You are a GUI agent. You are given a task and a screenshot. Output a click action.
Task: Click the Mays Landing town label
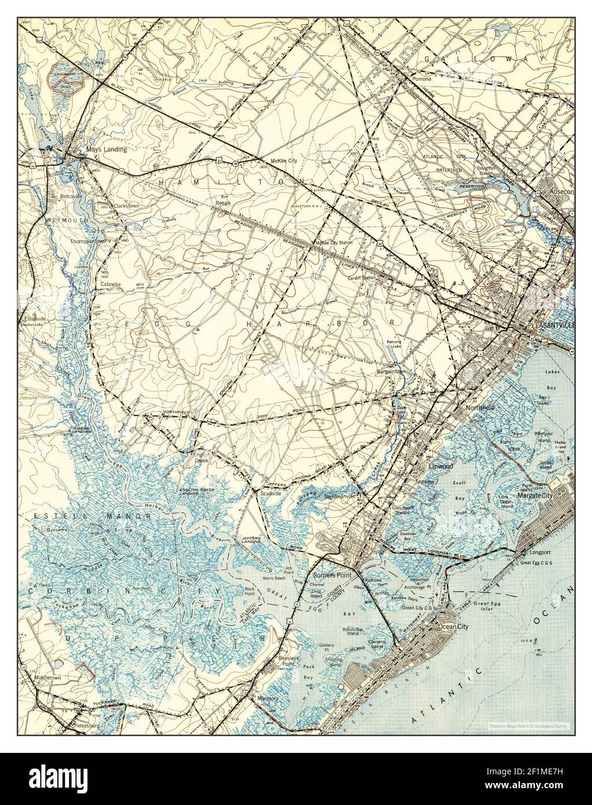pyautogui.click(x=106, y=149)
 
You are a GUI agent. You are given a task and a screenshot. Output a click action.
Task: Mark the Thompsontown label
pyautogui.click(x=90, y=241)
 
